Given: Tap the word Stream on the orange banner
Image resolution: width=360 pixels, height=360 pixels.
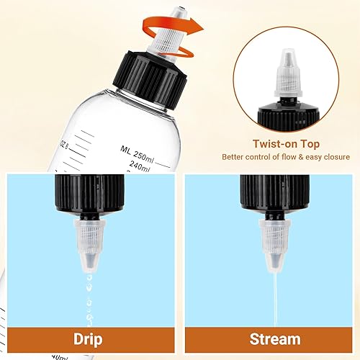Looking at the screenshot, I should tap(274, 338).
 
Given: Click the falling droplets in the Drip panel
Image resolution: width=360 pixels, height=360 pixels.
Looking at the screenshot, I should tap(89, 295).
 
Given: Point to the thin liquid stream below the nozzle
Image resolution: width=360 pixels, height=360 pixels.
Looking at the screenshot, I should tap(274, 295).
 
